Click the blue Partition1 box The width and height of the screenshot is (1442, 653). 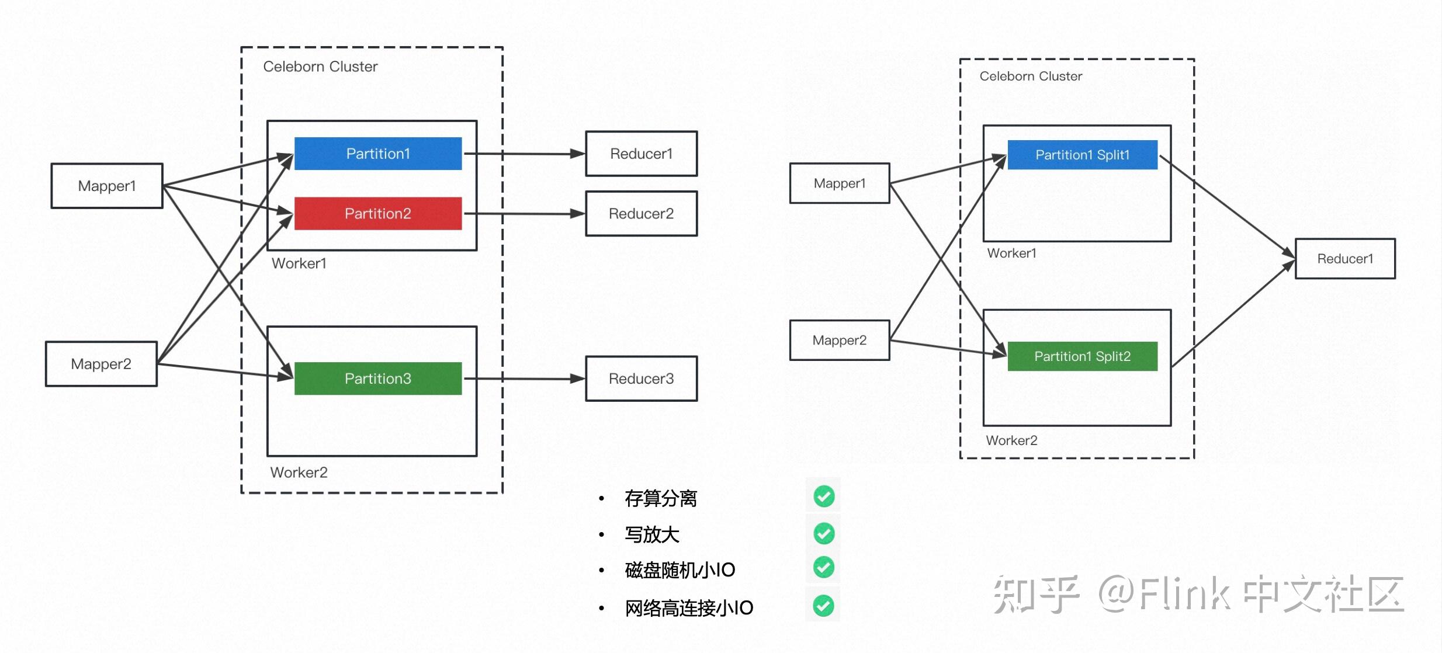[x=378, y=154]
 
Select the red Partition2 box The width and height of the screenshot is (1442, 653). [x=378, y=214]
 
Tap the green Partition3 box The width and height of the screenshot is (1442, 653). [x=378, y=378]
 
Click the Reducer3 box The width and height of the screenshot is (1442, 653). [x=641, y=378]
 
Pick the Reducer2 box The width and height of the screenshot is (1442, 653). [x=641, y=214]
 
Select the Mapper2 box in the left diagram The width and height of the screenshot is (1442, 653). [x=101, y=364]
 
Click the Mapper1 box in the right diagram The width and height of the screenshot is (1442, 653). [x=839, y=183]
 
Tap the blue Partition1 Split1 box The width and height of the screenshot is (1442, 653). [x=1082, y=155]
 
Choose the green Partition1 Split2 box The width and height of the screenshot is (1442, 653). [x=1082, y=356]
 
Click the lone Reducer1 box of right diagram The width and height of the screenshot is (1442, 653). [x=1345, y=259]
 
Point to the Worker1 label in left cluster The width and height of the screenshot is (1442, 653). [x=299, y=263]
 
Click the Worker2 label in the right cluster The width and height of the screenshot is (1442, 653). [x=1011, y=440]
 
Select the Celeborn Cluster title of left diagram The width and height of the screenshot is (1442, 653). [x=320, y=67]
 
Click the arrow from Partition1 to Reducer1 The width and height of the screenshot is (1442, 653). [x=523, y=154]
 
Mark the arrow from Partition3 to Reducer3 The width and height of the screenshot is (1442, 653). [x=523, y=378]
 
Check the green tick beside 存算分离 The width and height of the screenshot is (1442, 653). [x=824, y=496]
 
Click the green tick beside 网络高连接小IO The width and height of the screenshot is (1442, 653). [x=824, y=606]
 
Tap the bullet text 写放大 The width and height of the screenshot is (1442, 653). [x=652, y=534]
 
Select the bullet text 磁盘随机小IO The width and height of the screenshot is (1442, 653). [x=680, y=570]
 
